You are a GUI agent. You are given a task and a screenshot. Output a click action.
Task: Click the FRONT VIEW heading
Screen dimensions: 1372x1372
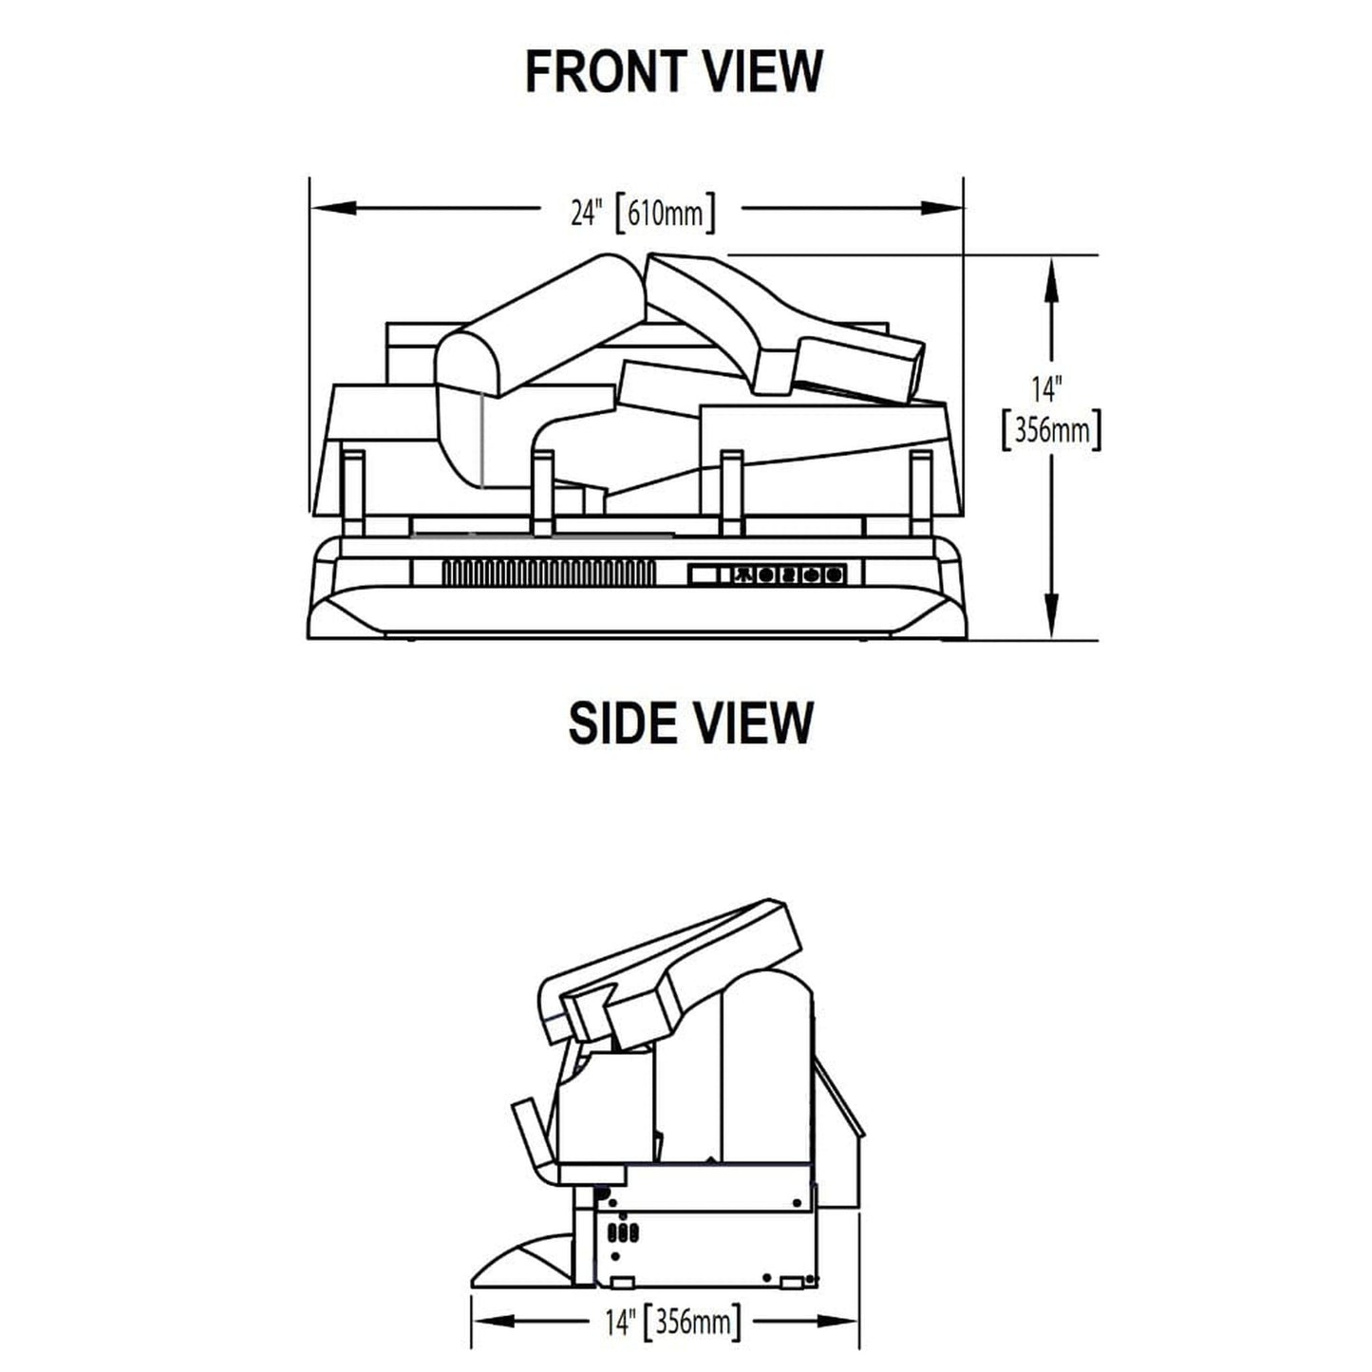point(673,71)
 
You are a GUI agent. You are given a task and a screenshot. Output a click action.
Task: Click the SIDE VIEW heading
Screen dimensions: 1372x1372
point(690,724)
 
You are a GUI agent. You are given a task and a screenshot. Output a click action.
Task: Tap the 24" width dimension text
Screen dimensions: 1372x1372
point(587,213)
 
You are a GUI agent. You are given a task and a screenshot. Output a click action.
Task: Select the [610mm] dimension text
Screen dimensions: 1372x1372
point(666,213)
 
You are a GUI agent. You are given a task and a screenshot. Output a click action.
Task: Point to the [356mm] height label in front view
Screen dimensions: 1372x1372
point(1052,430)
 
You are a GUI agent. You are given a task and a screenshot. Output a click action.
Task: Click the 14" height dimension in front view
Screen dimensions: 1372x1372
point(1046,389)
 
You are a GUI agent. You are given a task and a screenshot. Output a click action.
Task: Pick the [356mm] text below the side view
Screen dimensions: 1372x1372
point(692,1322)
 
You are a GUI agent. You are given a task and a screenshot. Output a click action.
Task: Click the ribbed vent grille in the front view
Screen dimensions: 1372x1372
point(549,573)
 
